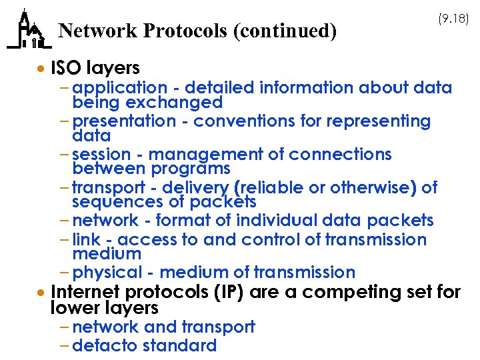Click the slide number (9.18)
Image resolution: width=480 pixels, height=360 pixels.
pos(453,19)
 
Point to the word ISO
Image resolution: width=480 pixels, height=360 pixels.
pos(65,68)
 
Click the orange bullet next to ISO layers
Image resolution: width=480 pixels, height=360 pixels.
pos(42,69)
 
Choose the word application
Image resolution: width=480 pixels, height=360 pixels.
pos(120,88)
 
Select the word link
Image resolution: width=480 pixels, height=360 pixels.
pos(86,239)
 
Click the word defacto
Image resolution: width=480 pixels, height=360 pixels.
pos(101,345)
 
